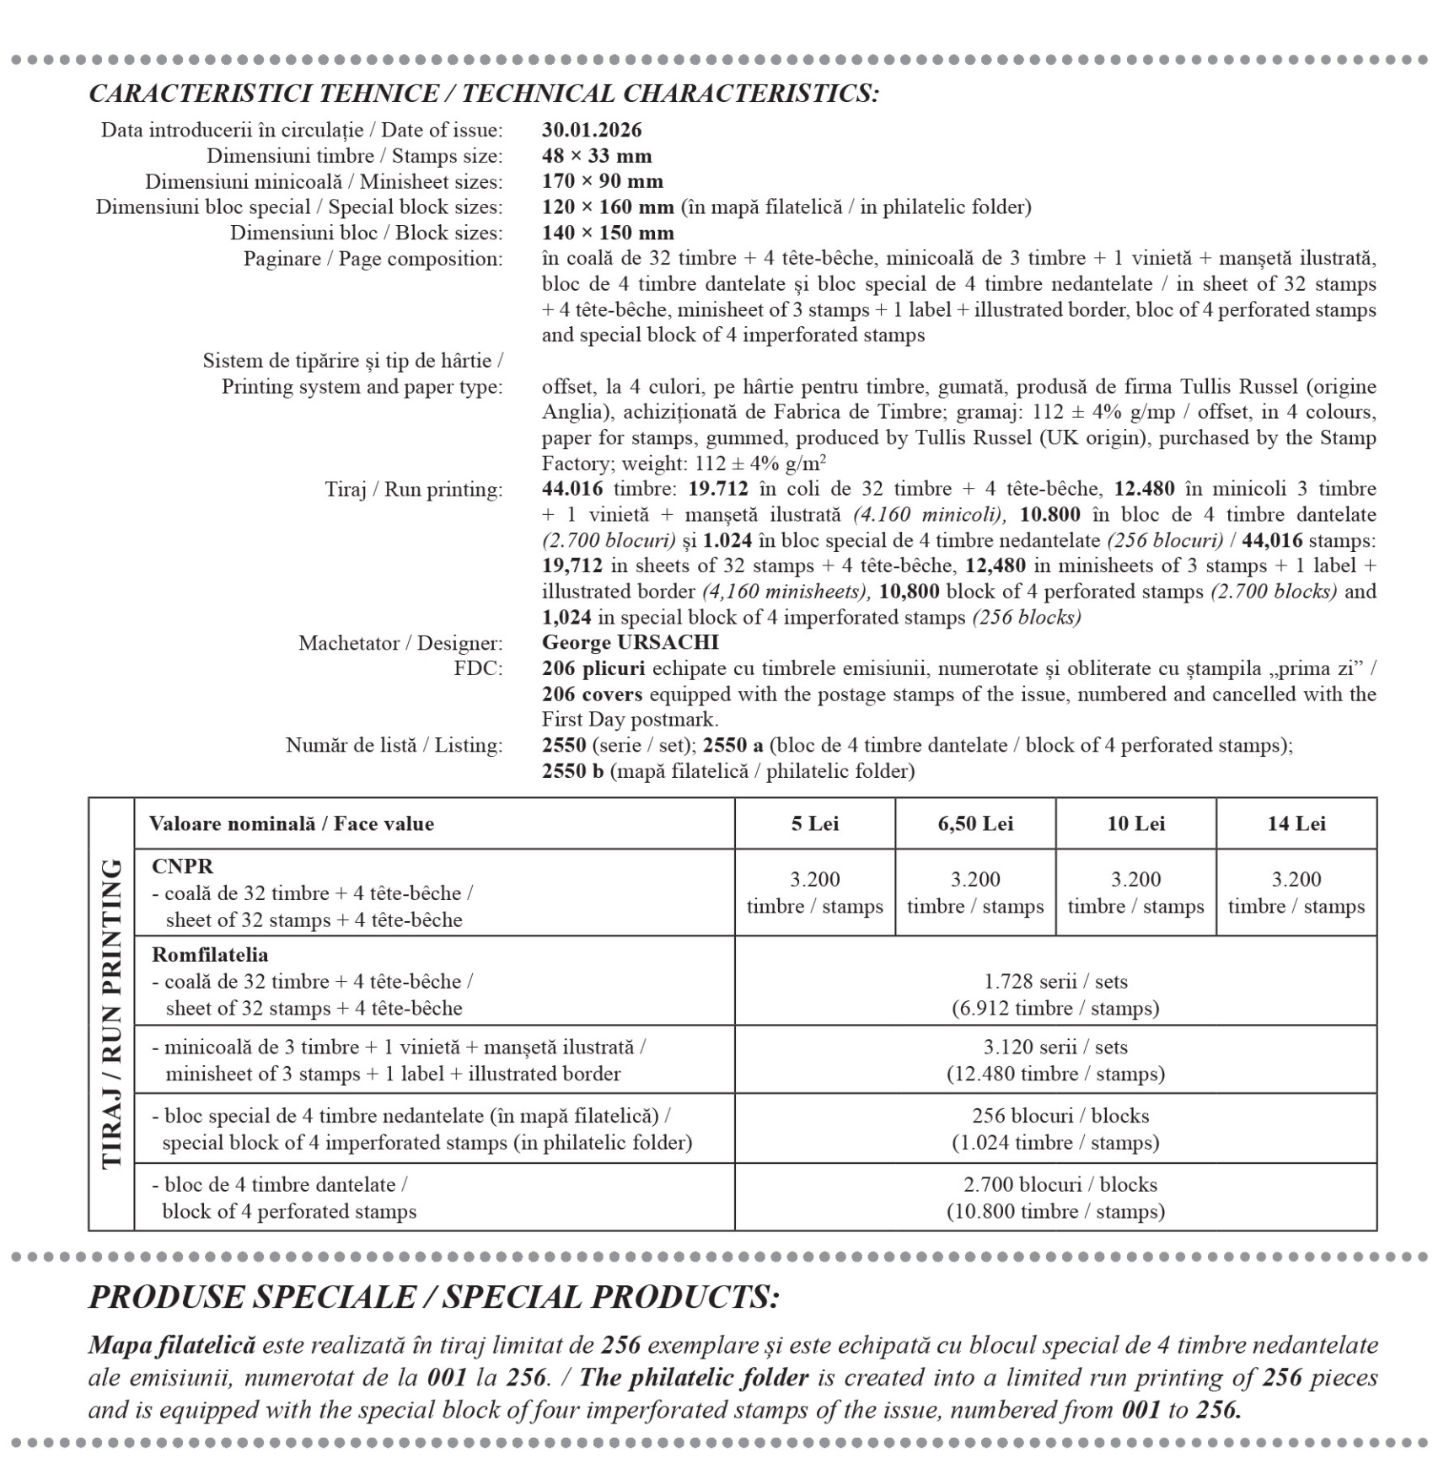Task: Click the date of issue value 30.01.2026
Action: [591, 130]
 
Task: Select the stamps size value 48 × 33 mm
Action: [596, 156]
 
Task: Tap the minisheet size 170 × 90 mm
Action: [602, 181]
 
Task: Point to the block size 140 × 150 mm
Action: [607, 233]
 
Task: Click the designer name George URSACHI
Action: [630, 643]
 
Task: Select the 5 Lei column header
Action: [814, 823]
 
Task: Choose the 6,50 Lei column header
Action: [975, 823]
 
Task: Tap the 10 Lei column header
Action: [1135, 823]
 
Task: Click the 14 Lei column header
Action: [1296, 823]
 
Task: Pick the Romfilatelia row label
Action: [210, 955]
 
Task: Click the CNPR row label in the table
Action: [182, 866]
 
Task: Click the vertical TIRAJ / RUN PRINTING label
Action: [111, 1014]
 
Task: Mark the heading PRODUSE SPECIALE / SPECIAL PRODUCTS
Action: [433, 1297]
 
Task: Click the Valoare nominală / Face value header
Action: [291, 823]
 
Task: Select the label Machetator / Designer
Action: [400, 643]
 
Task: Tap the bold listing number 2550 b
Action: [572, 771]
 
